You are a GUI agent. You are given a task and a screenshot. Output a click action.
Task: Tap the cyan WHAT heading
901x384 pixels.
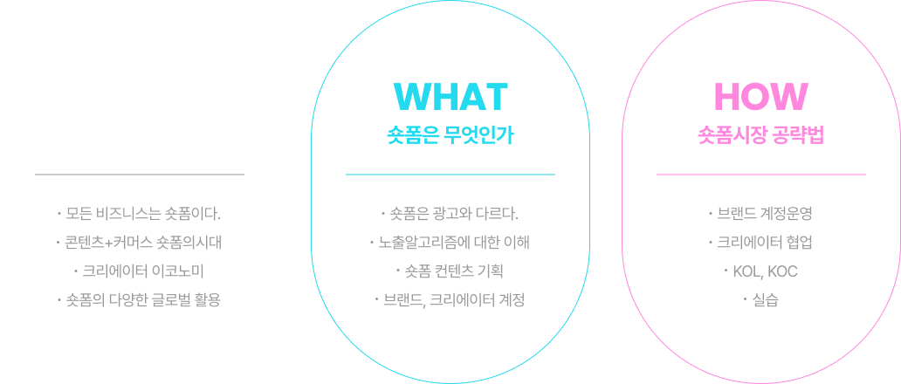pyautogui.click(x=450, y=97)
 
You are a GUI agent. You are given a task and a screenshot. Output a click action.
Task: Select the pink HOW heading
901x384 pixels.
pyautogui.click(x=760, y=97)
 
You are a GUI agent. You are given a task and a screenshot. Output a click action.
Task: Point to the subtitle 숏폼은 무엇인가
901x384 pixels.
pyautogui.click(x=450, y=136)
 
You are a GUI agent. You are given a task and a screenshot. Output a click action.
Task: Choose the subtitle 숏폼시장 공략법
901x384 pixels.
pyautogui.click(x=760, y=136)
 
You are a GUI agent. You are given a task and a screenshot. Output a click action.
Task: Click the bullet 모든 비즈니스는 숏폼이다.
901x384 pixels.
pyautogui.click(x=140, y=213)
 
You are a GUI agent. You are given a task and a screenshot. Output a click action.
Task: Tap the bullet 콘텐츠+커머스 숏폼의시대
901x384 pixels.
pyautogui.click(x=140, y=242)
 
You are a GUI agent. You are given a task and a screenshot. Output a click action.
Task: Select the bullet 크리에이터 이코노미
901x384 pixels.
pyautogui.click(x=140, y=271)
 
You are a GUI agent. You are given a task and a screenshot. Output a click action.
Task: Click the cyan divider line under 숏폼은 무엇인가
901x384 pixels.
pyautogui.click(x=450, y=175)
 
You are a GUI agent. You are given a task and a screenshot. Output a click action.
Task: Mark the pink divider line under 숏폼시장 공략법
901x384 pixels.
pyautogui.click(x=760, y=175)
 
